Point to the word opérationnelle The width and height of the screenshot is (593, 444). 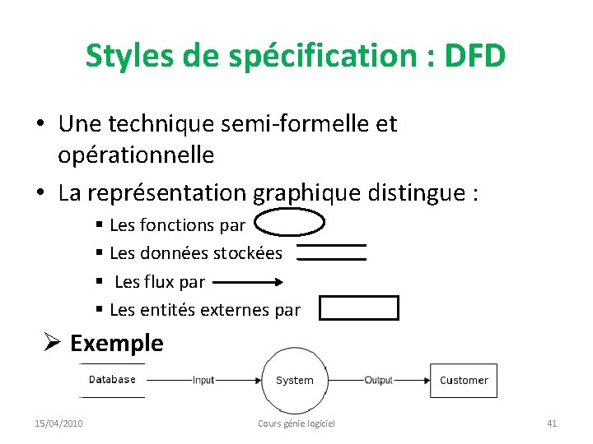point(136,154)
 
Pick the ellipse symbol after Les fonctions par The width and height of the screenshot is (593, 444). point(289,223)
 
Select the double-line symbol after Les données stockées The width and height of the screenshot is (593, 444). point(331,252)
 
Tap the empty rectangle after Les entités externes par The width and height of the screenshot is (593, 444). point(358,308)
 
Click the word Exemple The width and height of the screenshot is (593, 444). point(117,343)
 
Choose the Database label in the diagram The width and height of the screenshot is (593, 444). point(112,379)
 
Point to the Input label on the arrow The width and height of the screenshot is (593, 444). point(203,380)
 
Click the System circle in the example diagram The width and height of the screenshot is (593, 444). point(295,380)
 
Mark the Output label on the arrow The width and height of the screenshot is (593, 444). point(379,380)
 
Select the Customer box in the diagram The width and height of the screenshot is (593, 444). point(464,380)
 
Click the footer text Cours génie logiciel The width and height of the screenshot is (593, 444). point(296,423)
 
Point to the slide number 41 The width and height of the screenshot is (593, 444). point(552,423)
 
